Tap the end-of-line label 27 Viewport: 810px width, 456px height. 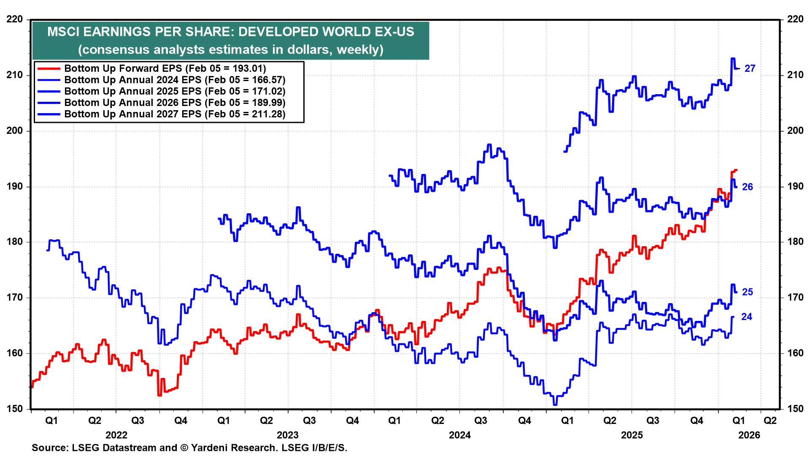click(750, 68)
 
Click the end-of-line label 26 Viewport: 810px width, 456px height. click(747, 187)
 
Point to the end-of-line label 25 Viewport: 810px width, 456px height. click(747, 292)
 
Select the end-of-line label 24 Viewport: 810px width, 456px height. click(746, 317)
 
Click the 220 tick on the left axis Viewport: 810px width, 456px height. click(15, 19)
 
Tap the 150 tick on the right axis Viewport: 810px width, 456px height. click(795, 409)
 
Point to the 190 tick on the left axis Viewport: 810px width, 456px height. click(15, 187)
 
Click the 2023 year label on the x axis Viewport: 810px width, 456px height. click(287, 435)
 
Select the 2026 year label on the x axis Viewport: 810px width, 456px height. click(749, 435)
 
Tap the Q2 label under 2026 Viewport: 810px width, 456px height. click(770, 421)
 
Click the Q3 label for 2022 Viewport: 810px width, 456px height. click(138, 421)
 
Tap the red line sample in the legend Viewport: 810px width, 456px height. click(49, 68)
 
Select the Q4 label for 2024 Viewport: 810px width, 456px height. click(524, 421)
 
